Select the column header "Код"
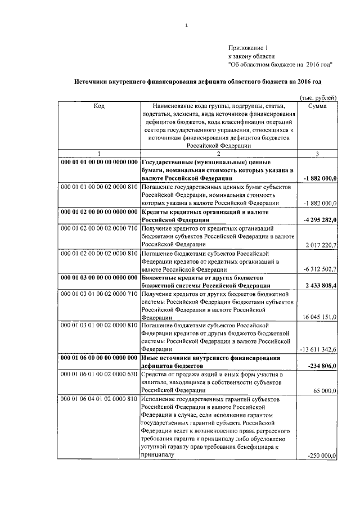pos(98,105)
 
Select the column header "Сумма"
pos(318,105)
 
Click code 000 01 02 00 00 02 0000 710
pos(98,229)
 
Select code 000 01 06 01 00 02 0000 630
pos(98,375)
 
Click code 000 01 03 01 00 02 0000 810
pos(98,326)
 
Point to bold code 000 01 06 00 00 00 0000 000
pos(98,358)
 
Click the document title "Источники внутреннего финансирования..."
pos(198,82)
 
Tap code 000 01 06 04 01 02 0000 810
pos(98,399)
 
